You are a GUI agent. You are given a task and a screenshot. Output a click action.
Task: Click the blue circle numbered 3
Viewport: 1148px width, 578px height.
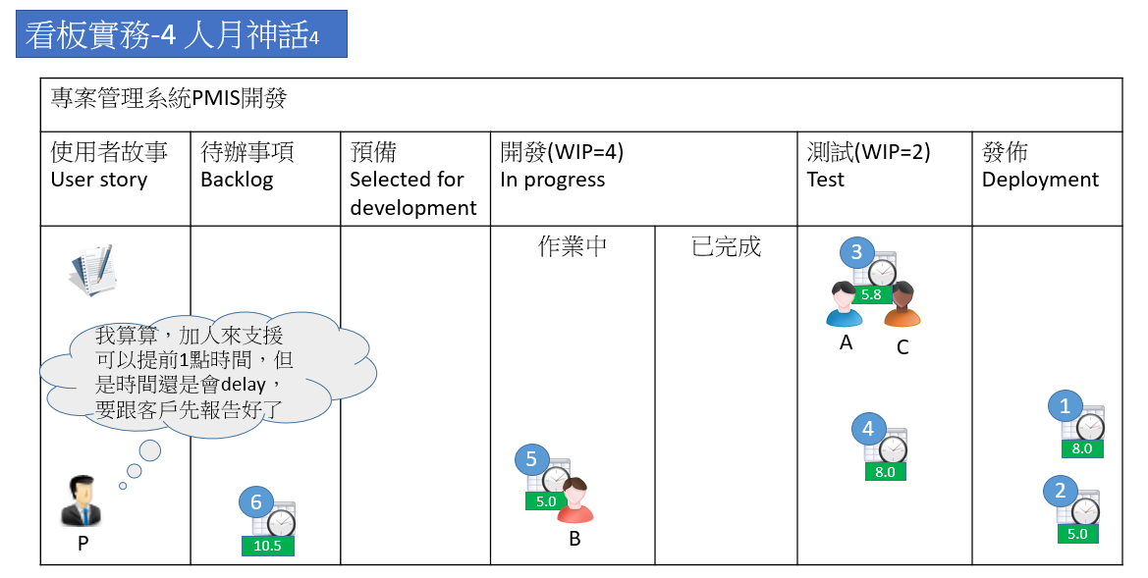click(856, 253)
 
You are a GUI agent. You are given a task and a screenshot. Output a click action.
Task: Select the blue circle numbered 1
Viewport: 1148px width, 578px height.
click(1066, 405)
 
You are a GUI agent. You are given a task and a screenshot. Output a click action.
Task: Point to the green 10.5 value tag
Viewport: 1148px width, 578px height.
click(268, 547)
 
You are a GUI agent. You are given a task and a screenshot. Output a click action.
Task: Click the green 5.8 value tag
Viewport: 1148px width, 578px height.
click(871, 294)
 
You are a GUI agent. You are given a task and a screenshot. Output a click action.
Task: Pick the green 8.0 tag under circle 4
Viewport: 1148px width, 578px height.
click(885, 472)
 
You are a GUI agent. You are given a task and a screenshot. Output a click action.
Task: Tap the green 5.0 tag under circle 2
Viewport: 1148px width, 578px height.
click(1077, 535)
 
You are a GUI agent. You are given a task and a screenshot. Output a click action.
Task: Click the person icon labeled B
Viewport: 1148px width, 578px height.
click(574, 500)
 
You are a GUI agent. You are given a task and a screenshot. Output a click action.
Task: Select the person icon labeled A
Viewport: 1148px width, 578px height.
click(845, 304)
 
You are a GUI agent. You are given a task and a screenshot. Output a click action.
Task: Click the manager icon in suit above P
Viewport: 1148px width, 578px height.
click(82, 501)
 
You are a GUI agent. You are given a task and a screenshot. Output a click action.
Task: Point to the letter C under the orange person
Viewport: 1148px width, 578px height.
click(902, 347)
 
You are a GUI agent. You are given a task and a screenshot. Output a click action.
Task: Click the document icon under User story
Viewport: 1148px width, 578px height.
click(93, 271)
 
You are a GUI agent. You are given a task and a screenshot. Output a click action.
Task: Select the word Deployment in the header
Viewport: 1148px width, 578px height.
click(1040, 180)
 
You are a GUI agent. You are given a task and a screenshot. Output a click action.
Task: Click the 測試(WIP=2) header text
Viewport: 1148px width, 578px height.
click(868, 152)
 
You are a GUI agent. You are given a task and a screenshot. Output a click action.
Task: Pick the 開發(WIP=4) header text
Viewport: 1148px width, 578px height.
click(562, 152)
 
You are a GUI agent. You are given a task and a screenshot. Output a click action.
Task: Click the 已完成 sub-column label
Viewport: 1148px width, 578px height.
click(726, 246)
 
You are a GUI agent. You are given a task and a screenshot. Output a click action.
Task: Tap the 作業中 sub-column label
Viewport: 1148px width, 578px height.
click(573, 246)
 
